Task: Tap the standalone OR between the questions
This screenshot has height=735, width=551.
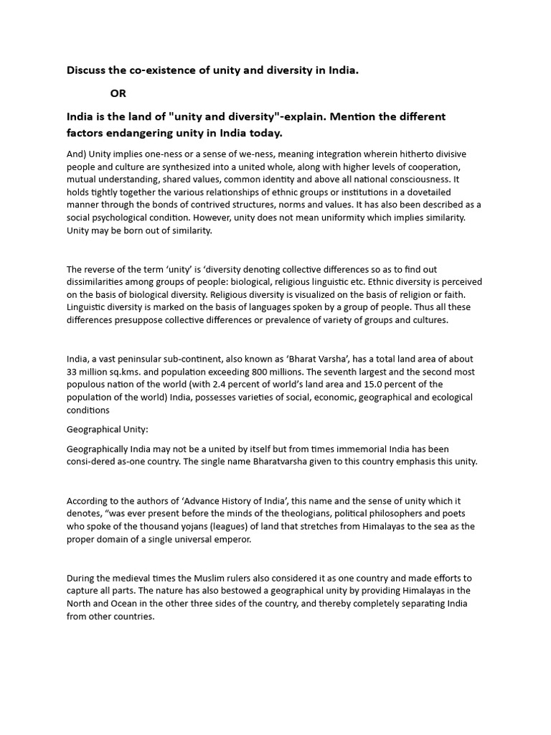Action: pos(118,93)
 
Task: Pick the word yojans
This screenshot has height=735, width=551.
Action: pos(192,526)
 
